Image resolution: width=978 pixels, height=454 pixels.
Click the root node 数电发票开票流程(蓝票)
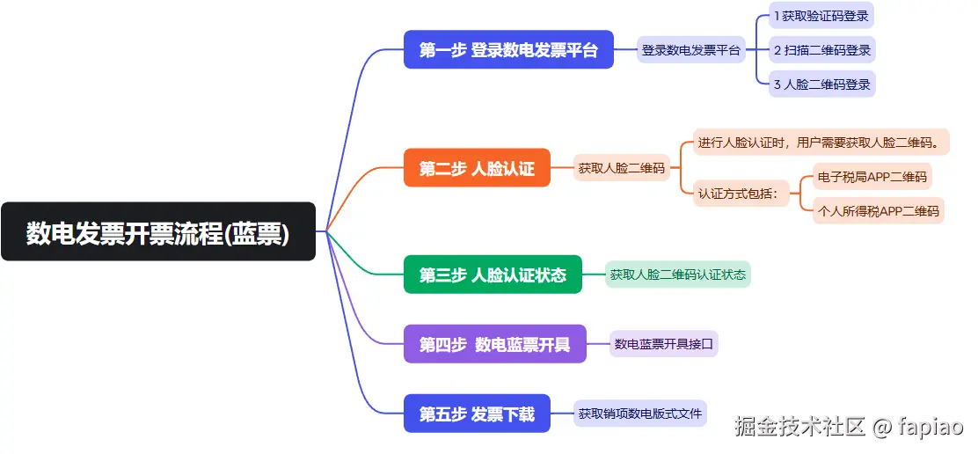click(x=158, y=232)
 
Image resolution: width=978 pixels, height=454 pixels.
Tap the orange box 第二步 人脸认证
click(x=477, y=168)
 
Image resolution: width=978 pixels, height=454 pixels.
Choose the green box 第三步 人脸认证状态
click(x=493, y=275)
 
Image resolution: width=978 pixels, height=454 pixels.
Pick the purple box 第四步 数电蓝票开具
click(x=494, y=344)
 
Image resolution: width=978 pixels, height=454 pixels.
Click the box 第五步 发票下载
click(x=477, y=414)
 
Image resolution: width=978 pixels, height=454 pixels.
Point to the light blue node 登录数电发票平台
click(x=691, y=50)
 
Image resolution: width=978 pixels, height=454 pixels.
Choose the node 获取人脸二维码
click(x=621, y=168)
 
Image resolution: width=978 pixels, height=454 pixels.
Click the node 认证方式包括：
click(x=739, y=194)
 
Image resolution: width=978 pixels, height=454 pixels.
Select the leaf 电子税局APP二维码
click(x=872, y=177)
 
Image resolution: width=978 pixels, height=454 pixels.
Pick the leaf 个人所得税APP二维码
click(x=878, y=211)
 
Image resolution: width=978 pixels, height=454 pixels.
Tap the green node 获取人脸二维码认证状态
click(x=678, y=275)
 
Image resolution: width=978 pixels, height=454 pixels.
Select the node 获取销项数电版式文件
click(x=640, y=413)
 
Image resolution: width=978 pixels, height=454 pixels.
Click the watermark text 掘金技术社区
click(x=800, y=428)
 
